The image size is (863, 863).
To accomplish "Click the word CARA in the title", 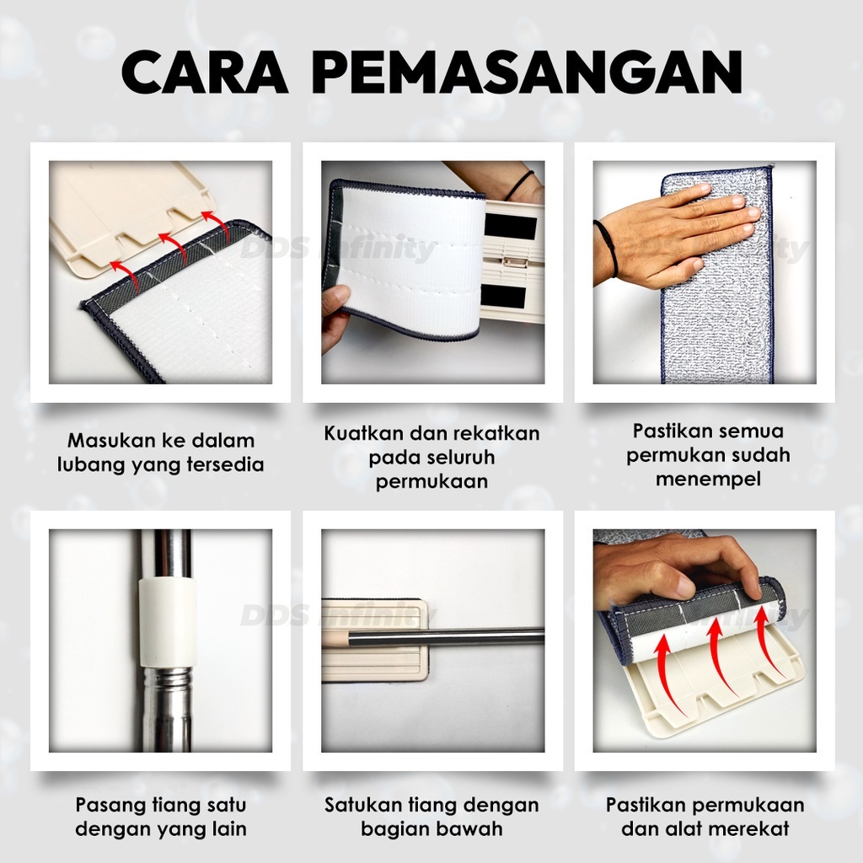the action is (x=205, y=72).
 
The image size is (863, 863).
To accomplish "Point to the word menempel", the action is (x=708, y=479).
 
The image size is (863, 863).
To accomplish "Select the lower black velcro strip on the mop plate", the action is (x=508, y=297).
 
